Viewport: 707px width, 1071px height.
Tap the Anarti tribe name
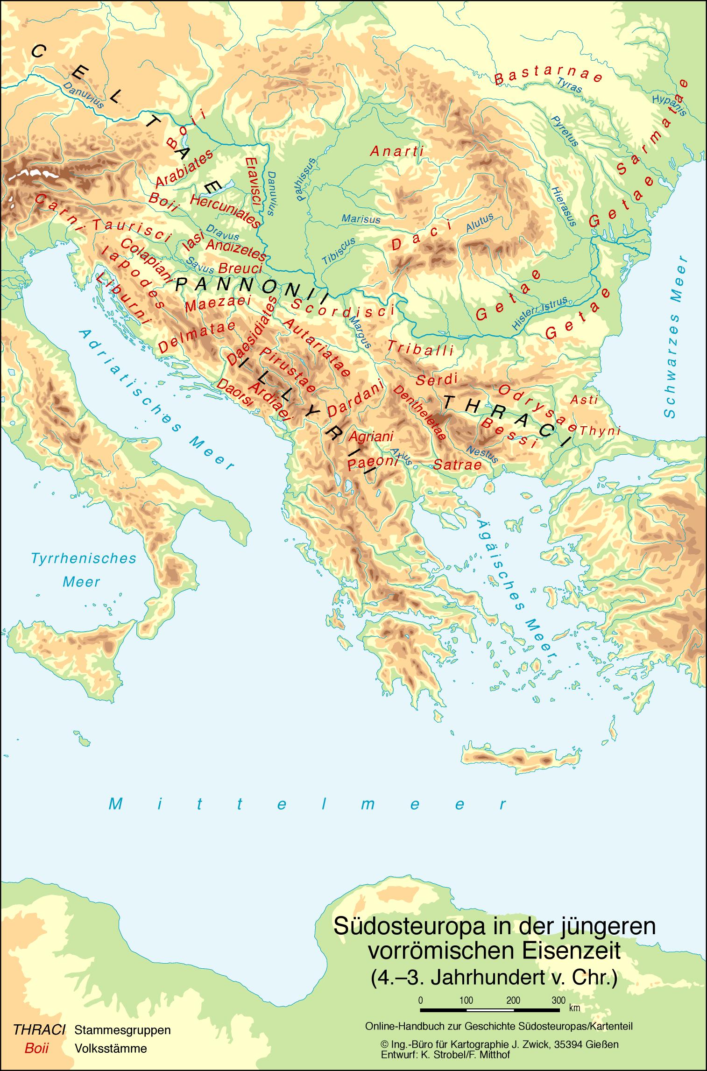pos(396,151)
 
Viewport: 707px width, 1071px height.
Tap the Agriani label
pos(371,437)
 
